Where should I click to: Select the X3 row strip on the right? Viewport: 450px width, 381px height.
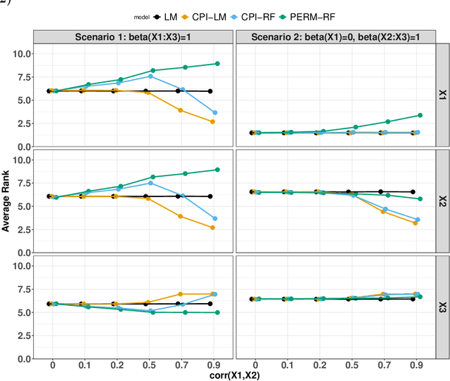click(442, 306)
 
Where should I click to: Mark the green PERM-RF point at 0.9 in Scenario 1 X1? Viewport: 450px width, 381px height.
click(217, 64)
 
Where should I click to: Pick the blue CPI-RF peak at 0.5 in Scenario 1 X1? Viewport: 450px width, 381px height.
click(150, 76)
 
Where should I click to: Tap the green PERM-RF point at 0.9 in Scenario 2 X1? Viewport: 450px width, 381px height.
click(420, 115)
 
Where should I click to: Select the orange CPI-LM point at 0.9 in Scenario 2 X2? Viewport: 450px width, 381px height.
click(416, 223)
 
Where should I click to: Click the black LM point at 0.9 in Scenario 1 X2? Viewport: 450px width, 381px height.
click(211, 196)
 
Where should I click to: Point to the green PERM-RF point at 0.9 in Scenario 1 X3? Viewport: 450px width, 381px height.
click(217, 313)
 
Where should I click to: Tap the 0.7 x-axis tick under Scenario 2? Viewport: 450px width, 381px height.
click(385, 366)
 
